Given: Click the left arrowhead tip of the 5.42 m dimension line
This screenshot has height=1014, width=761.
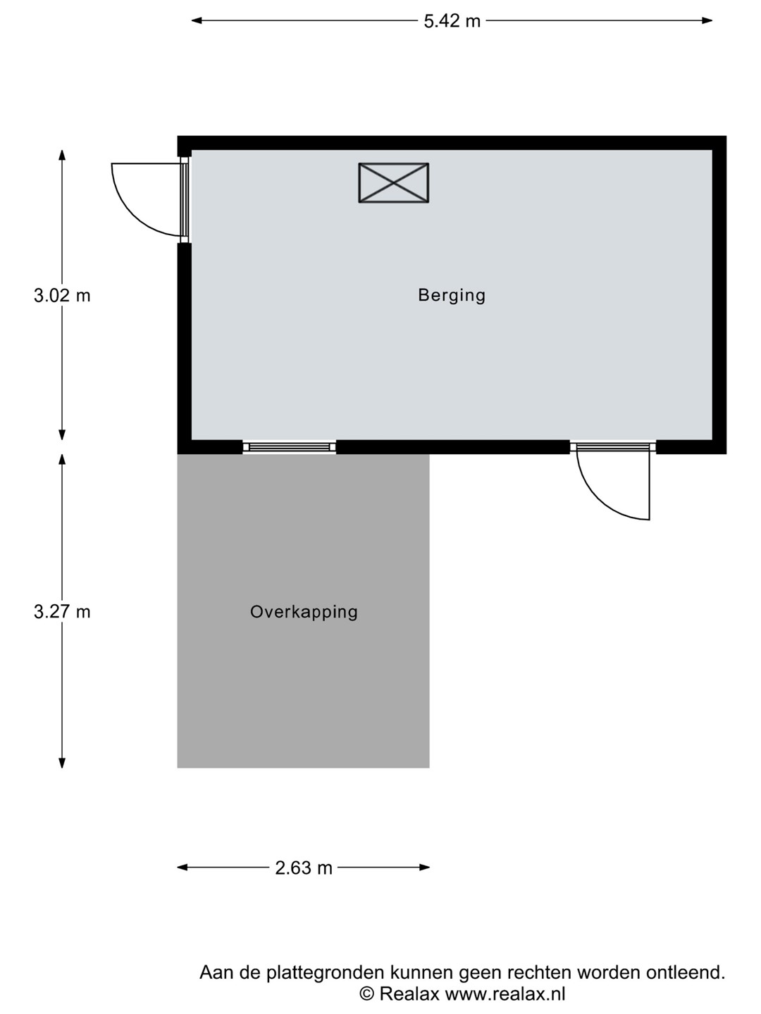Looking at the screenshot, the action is pos(192,20).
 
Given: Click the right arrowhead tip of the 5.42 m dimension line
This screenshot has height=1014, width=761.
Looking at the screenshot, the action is pos(712,20).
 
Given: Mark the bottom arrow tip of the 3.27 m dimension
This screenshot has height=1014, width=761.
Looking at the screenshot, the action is pos(62,768).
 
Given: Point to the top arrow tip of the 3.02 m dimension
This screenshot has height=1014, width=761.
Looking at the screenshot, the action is pos(62,150).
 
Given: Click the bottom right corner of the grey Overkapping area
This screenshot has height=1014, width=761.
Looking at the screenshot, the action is pos(429,768).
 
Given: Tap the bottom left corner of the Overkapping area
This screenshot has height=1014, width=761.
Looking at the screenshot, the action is pos(178,768).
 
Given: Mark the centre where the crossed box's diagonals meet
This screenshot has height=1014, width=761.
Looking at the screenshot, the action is pos(394,182).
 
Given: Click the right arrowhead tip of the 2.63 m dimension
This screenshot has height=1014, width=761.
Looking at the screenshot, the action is pos(430,867).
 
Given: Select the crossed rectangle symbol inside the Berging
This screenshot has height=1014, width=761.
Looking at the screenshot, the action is pos(394,182).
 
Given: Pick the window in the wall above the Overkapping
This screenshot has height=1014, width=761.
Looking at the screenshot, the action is pos(289,446).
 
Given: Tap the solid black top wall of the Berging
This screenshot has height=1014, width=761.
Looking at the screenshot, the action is pos(452,143).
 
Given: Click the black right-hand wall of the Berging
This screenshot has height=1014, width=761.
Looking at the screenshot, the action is pos(719,295).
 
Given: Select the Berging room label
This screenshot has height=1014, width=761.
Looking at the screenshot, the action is pos(452,295).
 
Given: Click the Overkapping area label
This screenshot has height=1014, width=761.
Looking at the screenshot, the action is pos(304,612).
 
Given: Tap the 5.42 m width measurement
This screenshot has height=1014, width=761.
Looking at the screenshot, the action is pos(452,21).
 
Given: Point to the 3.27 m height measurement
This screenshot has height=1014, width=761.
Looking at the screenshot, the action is pos(62,612).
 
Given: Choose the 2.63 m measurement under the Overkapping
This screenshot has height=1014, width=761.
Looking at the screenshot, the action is pos(304,868).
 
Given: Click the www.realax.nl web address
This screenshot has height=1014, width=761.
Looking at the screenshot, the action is pos(505,993).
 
